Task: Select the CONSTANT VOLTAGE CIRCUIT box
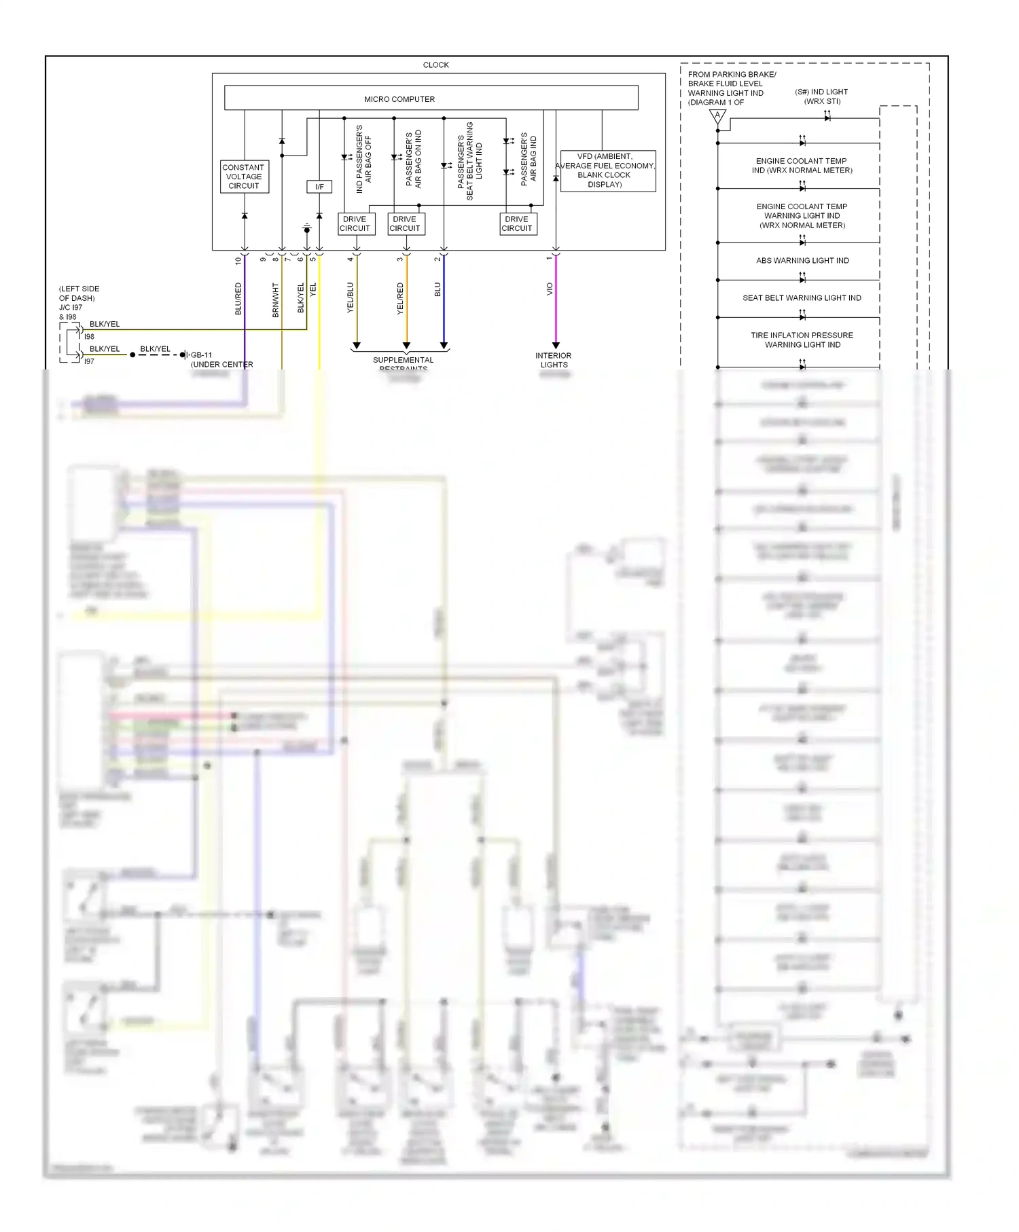pyautogui.click(x=244, y=177)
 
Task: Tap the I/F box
pyautogui.click(x=319, y=187)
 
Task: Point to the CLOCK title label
pyautogui.click(x=435, y=65)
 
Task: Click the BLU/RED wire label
pyautogui.click(x=238, y=299)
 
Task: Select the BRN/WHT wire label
pyautogui.click(x=276, y=300)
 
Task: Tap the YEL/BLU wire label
pyautogui.click(x=351, y=297)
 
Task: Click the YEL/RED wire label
pyautogui.click(x=400, y=299)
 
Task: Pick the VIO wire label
pyautogui.click(x=549, y=289)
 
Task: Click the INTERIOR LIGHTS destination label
pyautogui.click(x=554, y=360)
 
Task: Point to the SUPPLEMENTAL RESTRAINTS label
pyautogui.click(x=403, y=361)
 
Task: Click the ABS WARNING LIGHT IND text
pyautogui.click(x=802, y=261)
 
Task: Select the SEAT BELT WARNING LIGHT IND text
pyautogui.click(x=802, y=298)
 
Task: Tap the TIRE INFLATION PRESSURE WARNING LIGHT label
pyautogui.click(x=802, y=340)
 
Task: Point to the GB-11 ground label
pyautogui.click(x=202, y=355)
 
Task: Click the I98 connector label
pyautogui.click(x=89, y=337)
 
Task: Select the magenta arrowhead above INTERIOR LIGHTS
pyautogui.click(x=556, y=346)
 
